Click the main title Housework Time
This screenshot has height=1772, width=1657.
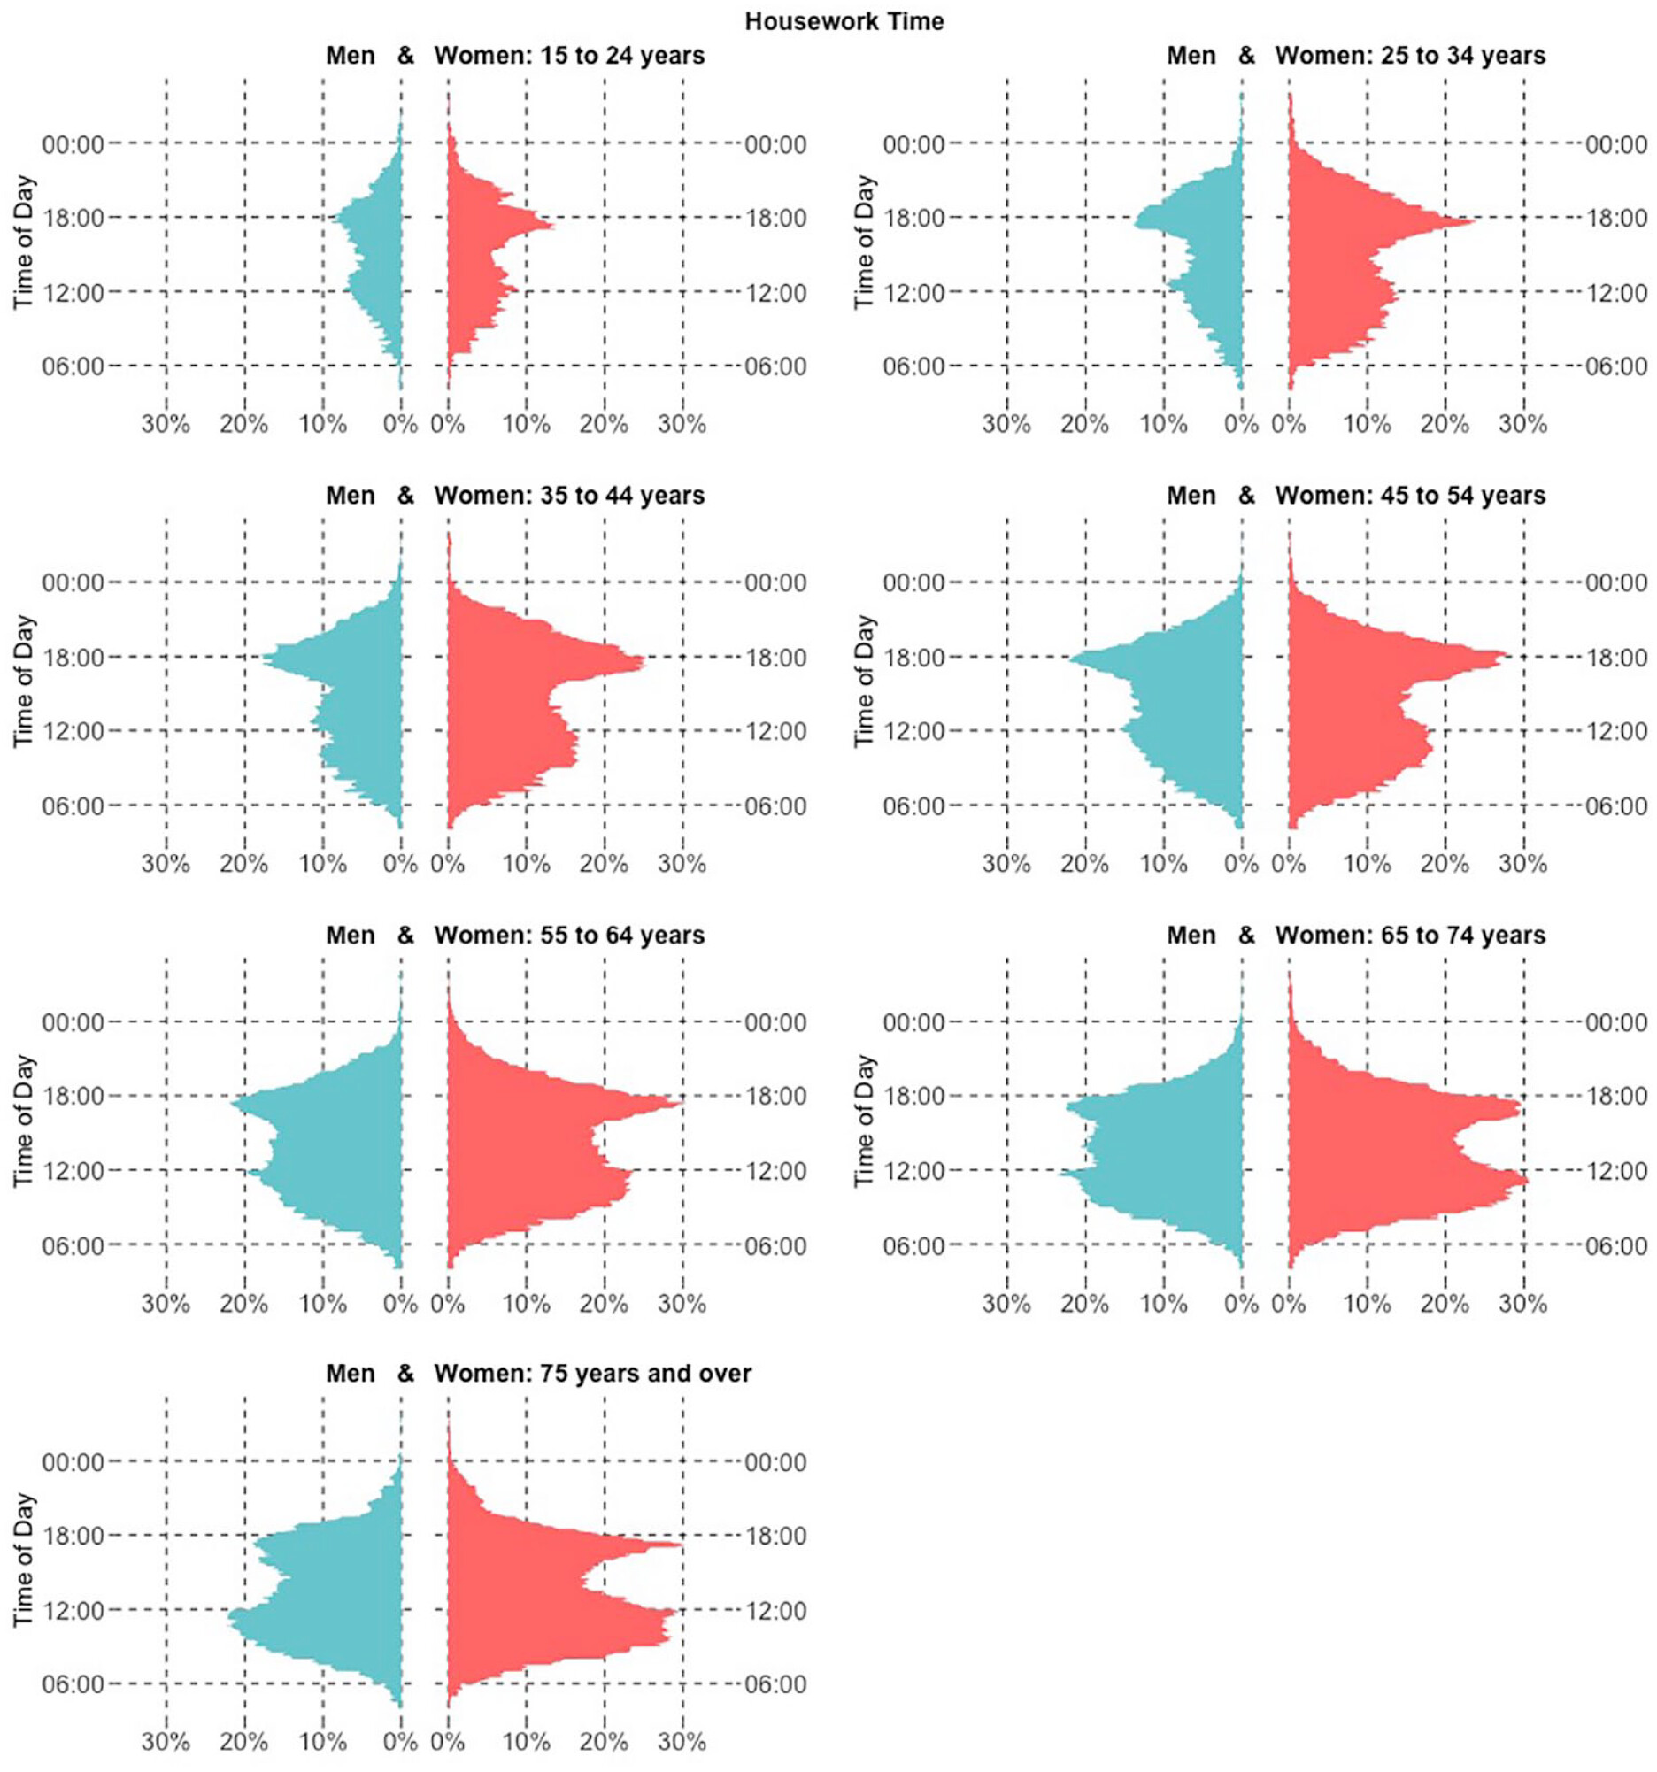(x=844, y=21)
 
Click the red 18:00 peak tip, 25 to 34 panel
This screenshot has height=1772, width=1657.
(x=1474, y=221)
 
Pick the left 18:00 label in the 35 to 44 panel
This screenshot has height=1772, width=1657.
(x=73, y=658)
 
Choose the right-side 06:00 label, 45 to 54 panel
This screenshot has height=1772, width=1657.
(x=1616, y=805)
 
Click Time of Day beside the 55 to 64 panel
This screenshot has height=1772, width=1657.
(x=24, y=1121)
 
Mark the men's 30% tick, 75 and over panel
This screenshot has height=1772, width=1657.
(x=166, y=1741)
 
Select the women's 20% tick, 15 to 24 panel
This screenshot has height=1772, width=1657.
(x=604, y=423)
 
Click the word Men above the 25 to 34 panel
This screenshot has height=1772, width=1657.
(x=1191, y=55)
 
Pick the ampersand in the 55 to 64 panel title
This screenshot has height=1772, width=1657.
(x=405, y=935)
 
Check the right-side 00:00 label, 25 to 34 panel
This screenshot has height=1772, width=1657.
(x=1616, y=144)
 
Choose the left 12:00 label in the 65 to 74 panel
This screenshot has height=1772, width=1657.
(x=913, y=1170)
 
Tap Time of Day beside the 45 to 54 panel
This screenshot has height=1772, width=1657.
(x=865, y=681)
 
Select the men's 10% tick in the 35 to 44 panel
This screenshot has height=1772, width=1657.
(x=323, y=863)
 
